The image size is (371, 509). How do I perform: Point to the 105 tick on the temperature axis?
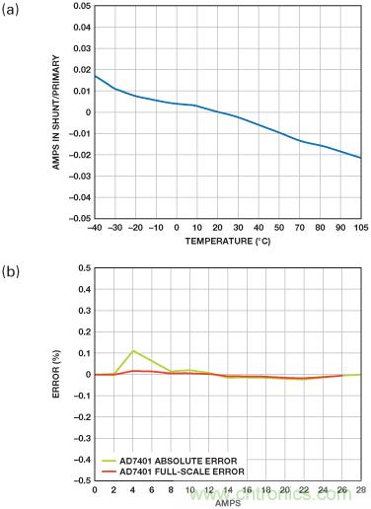click(361, 228)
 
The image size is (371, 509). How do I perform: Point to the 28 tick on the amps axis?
click(361, 490)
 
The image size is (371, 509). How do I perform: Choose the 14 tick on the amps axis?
click(228, 490)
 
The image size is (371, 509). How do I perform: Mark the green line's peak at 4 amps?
click(133, 350)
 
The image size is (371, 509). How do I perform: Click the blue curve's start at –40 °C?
click(95, 75)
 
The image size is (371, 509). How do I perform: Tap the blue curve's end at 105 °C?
click(361, 158)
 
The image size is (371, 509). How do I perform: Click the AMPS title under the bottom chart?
click(228, 501)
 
